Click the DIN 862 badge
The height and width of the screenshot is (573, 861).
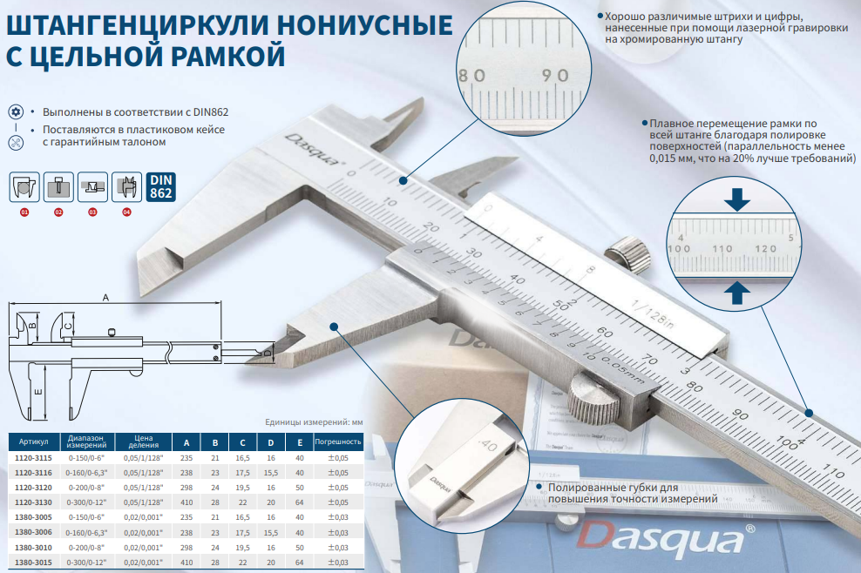pos(161,186)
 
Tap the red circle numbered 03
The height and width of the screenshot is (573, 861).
pos(92,212)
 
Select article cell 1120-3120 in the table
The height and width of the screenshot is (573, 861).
pos(33,488)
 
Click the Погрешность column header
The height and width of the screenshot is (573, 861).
pos(338,442)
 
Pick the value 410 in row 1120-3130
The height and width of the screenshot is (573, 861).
pos(186,502)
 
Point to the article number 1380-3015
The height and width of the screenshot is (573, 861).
pos(33,562)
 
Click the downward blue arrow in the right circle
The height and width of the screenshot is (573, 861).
pos(737,199)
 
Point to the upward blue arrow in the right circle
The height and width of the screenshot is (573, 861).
pos(737,293)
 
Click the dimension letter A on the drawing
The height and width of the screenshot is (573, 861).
pos(106,298)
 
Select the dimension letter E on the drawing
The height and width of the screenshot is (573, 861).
pos(37,392)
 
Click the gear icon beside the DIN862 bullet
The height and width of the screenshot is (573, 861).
pos(16,112)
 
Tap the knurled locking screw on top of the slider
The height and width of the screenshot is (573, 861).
pos(628,253)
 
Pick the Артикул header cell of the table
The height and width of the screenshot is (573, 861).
pos(33,442)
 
